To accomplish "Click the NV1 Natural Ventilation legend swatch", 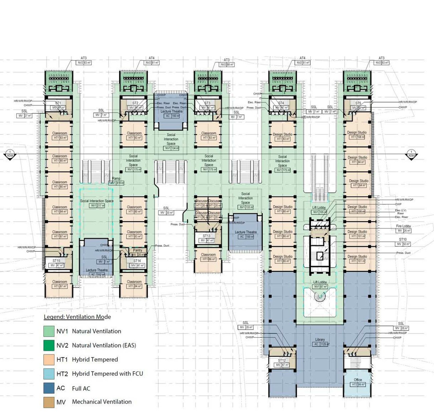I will coord(49,331).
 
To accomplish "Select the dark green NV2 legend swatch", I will coord(49,345).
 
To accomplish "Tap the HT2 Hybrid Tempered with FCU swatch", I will coord(49,374).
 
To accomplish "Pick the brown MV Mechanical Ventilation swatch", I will coord(49,402).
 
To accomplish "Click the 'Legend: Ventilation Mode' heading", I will coord(77,317).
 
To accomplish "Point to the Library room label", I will coord(319,340).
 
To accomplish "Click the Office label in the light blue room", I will coord(358,380).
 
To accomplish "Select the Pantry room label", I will coord(138,250).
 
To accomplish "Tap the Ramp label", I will coord(116,179).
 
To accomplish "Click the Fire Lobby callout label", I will coord(403,226).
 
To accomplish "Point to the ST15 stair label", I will coord(56,261).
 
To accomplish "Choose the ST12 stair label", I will coord(282,361).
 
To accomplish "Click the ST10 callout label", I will coord(403,240).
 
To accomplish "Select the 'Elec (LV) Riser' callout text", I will coord(401,212).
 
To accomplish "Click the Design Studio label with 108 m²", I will coord(357,133).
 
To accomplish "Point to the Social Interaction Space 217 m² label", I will coord(97,201).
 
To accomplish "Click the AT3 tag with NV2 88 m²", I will coord(227,60).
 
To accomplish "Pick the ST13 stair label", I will coord(206,236).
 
